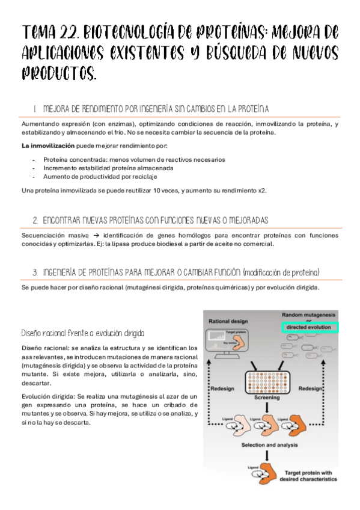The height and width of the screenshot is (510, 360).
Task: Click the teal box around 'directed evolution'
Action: click(x=310, y=327)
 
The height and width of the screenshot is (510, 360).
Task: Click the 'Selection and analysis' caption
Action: click(x=269, y=445)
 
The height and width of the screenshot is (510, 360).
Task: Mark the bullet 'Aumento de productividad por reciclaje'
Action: click(x=100, y=177)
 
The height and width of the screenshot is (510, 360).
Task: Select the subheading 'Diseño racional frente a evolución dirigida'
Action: click(x=82, y=333)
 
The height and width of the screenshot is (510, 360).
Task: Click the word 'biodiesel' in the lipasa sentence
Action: click(x=175, y=244)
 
